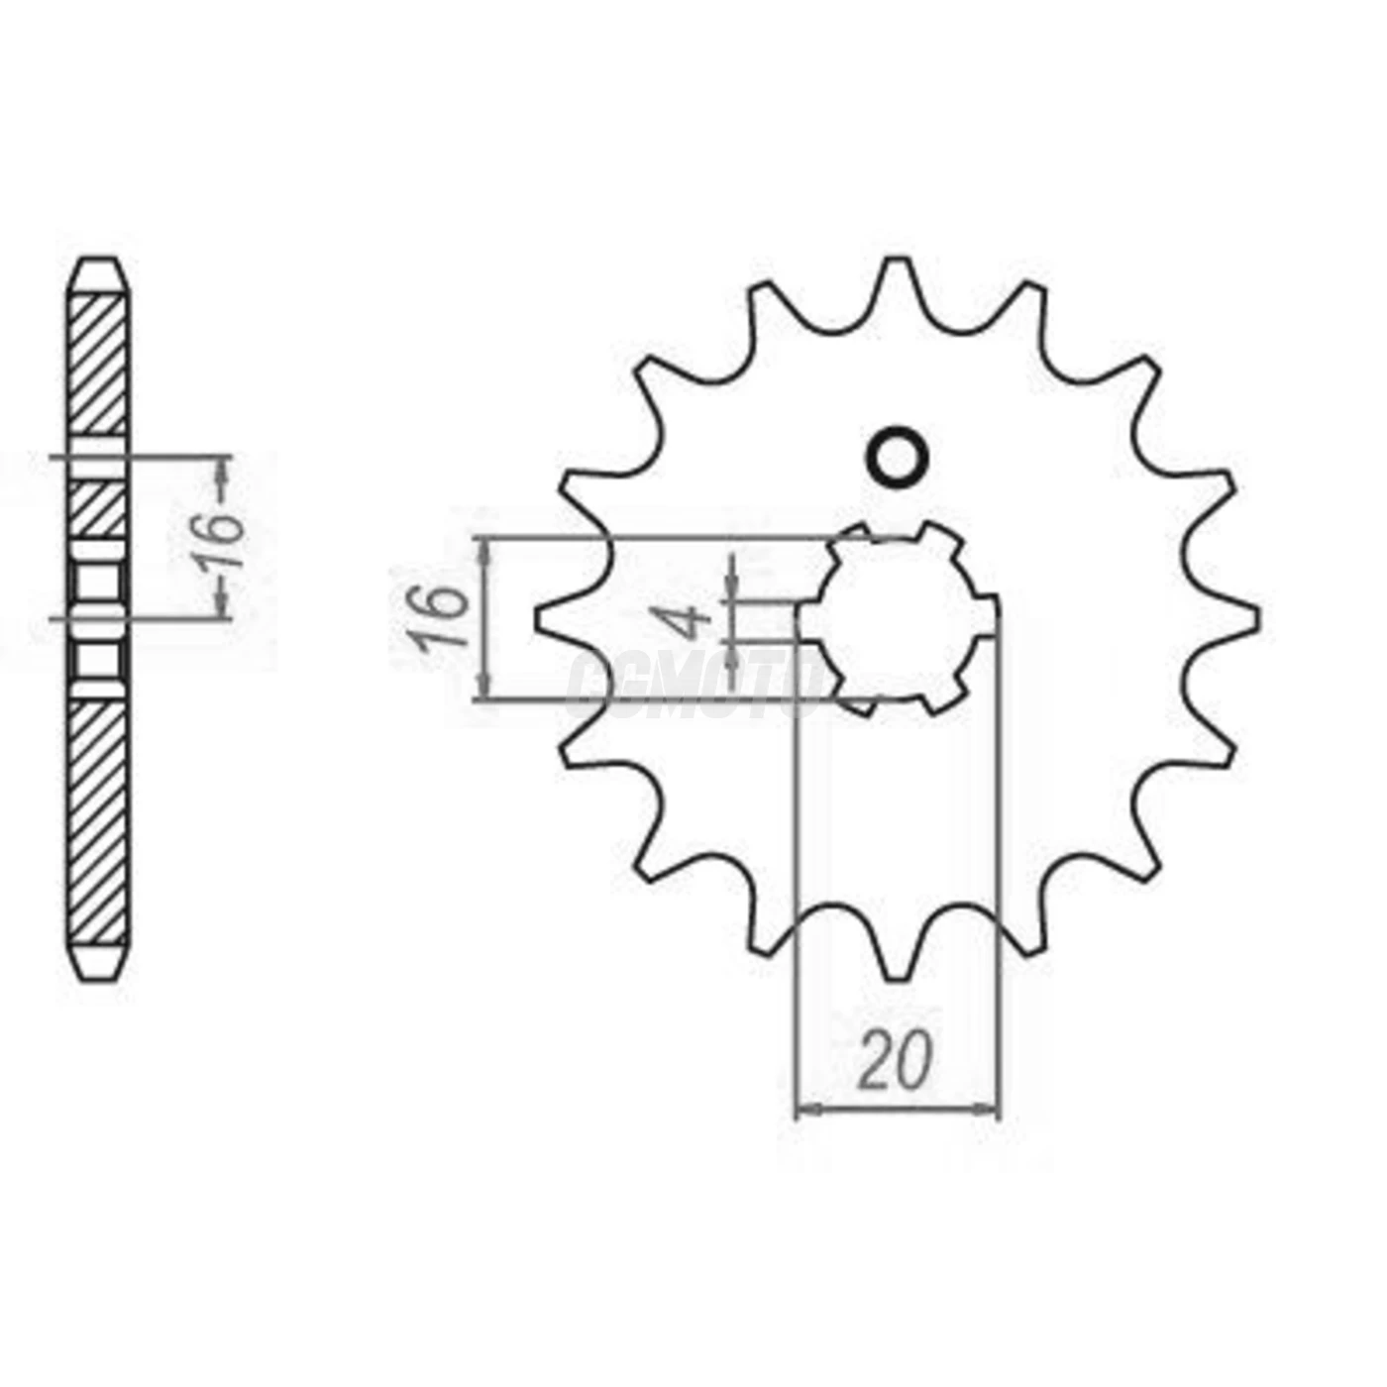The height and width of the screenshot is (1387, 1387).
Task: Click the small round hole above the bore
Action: [x=898, y=458]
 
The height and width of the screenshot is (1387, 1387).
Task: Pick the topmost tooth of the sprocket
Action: [x=898, y=272]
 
